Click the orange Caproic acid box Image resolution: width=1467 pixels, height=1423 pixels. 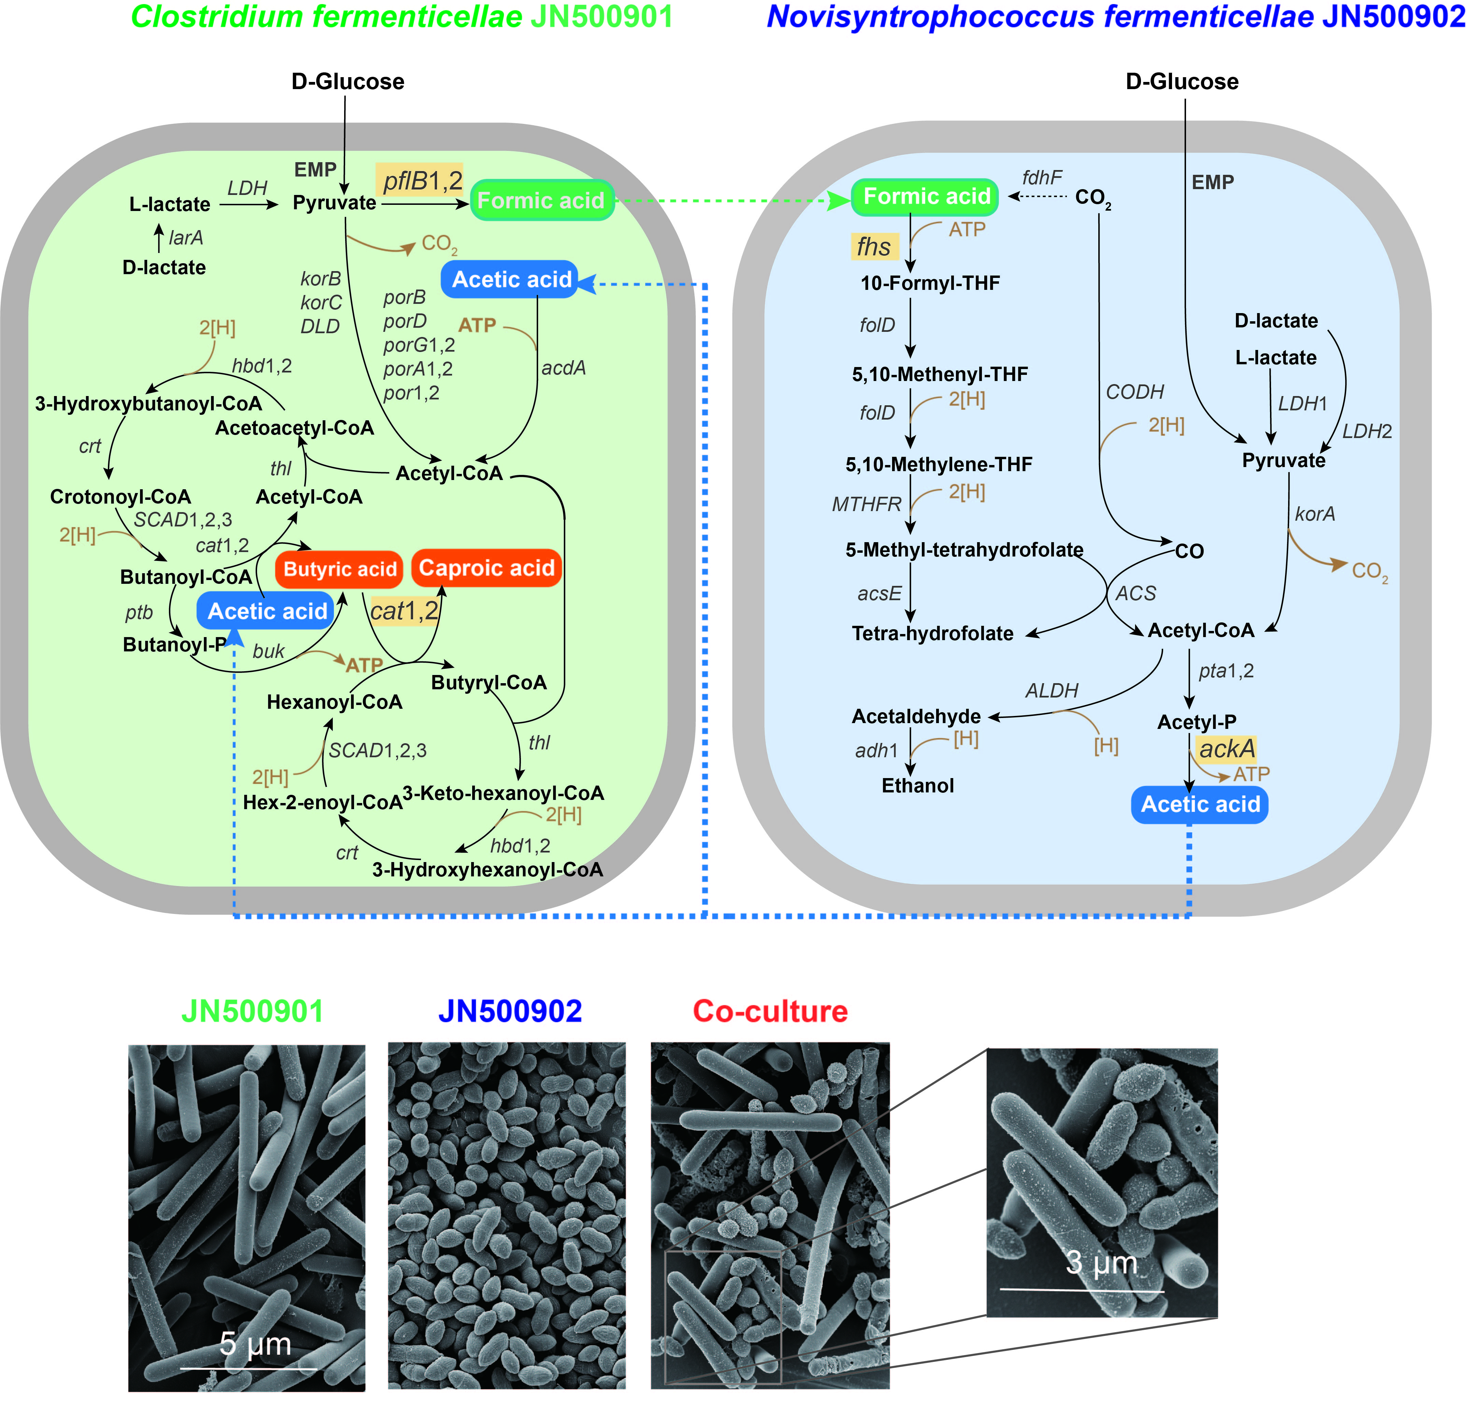point(486,568)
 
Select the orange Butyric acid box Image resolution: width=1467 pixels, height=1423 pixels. point(340,570)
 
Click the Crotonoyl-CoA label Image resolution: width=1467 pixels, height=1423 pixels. point(121,497)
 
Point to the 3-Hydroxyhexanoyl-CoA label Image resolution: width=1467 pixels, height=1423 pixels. point(488,870)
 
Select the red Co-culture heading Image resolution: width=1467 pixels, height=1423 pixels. point(770,1011)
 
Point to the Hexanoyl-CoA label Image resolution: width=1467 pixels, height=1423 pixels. point(335,702)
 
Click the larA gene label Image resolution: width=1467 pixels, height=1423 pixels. point(186,238)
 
